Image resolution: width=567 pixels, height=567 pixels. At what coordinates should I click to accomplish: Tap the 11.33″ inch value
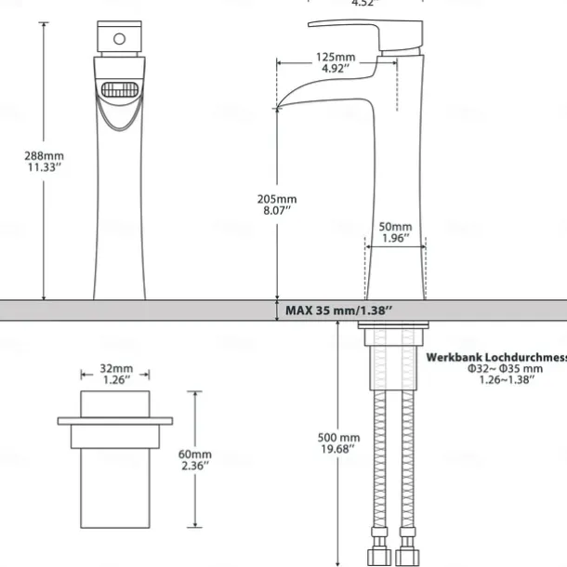[44, 167]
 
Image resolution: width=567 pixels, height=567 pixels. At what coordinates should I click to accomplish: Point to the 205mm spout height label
[277, 199]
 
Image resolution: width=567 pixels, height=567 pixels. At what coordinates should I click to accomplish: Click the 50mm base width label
[396, 227]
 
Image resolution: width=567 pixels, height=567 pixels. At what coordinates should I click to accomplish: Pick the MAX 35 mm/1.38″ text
[339, 310]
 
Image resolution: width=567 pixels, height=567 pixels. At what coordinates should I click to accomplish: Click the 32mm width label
[115, 367]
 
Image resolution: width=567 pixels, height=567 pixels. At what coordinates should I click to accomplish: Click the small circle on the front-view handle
[118, 39]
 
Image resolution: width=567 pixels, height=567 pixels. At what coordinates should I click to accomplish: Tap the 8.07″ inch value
[277, 211]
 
